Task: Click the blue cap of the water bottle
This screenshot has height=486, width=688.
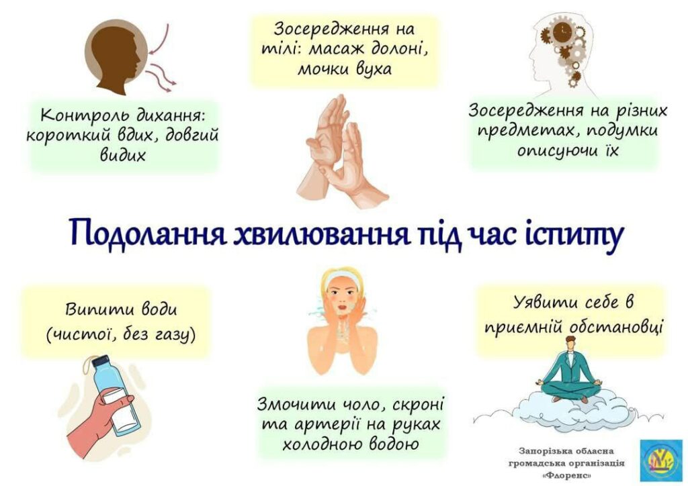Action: (101, 361)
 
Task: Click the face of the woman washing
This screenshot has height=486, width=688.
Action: (343, 298)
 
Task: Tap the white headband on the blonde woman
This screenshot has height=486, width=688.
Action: (341, 278)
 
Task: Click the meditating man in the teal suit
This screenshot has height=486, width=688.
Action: (571, 372)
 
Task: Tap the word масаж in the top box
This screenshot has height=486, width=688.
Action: (337, 50)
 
